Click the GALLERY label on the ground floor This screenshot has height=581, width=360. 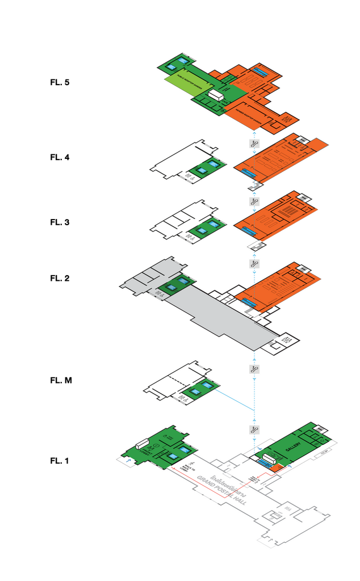(292, 449)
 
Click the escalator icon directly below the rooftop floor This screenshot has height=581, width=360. (254, 144)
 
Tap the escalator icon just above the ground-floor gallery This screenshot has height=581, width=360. (255, 429)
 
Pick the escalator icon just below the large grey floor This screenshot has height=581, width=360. (255, 369)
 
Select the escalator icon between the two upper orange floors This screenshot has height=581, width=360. (255, 201)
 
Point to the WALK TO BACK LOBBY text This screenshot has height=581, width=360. (185, 467)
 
